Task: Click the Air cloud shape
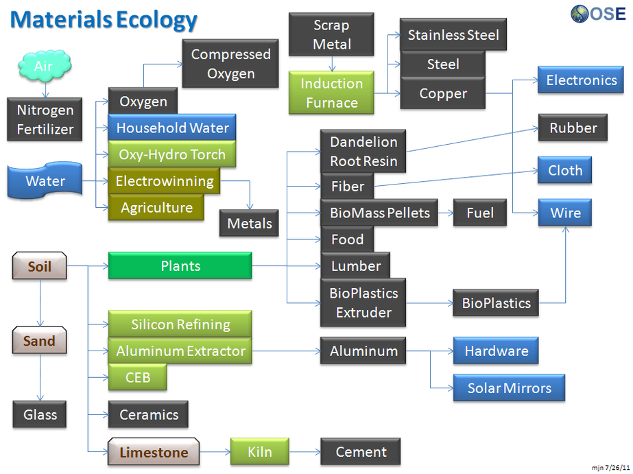point(44,67)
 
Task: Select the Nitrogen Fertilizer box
point(45,119)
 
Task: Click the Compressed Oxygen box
point(230,63)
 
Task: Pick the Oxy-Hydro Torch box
point(171,154)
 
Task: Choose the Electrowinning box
point(165,182)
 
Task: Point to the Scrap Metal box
point(331,35)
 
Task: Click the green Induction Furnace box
point(332,93)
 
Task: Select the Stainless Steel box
point(453,35)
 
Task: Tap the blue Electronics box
point(581,80)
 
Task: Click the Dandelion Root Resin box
point(363,152)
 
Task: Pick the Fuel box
point(480,213)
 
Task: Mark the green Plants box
point(180,266)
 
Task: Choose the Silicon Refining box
point(180,324)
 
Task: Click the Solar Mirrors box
point(509,388)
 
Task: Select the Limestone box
point(154,453)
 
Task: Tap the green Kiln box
point(259,452)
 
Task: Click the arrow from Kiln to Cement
point(304,453)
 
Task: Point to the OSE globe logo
point(580,14)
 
